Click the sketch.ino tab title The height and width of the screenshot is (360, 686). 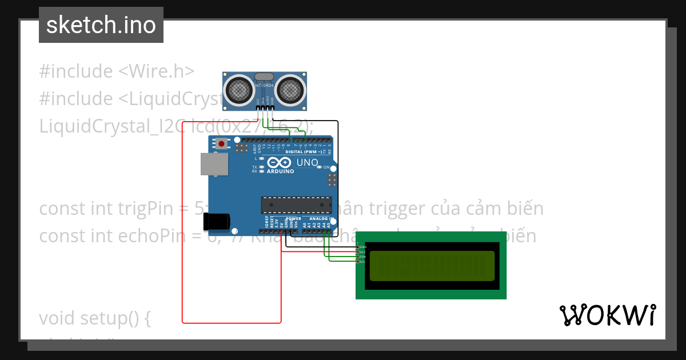click(x=101, y=25)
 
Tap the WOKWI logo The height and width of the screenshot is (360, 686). click(x=607, y=315)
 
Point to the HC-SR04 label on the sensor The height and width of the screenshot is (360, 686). click(x=265, y=86)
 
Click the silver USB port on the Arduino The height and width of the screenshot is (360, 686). click(x=213, y=163)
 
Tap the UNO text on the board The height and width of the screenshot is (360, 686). click(x=307, y=163)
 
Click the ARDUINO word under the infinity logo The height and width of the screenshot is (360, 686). click(x=280, y=171)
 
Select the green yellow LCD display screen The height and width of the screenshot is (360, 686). click(x=432, y=266)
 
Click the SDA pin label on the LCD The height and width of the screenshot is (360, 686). click(x=362, y=257)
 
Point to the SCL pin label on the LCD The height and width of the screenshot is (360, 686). click(x=362, y=262)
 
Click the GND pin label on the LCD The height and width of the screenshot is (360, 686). click(x=362, y=247)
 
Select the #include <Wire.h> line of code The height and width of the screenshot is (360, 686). click(x=117, y=71)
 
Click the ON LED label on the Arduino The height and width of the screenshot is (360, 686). click(x=326, y=167)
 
